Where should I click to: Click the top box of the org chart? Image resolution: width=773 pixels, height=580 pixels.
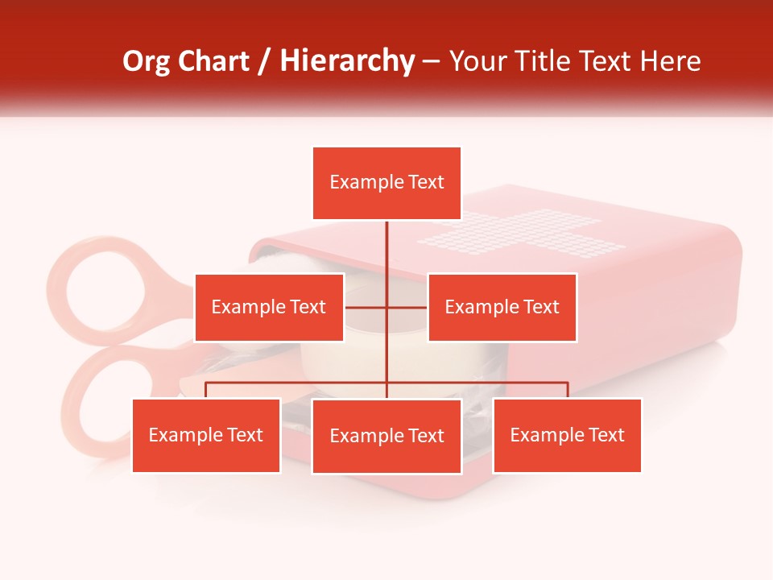point(386,183)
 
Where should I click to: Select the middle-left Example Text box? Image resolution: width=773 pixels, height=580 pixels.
point(269,307)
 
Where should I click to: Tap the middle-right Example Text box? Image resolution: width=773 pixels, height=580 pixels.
point(502,307)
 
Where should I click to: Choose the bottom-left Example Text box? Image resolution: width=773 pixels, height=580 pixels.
point(206,435)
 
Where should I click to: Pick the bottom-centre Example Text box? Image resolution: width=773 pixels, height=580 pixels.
point(386,436)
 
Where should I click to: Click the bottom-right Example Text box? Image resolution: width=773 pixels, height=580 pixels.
point(567,435)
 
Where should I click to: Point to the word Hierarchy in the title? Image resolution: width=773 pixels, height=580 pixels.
point(347,61)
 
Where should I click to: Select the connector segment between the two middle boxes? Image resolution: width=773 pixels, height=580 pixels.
point(386,307)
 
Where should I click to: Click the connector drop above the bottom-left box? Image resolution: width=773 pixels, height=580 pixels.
point(206,390)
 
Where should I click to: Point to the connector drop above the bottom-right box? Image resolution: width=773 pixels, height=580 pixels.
point(568,390)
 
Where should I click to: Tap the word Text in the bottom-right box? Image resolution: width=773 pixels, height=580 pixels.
point(606,435)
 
